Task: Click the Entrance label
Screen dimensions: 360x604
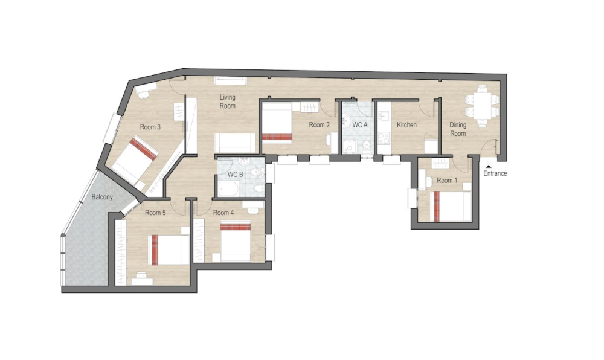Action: pyautogui.click(x=495, y=174)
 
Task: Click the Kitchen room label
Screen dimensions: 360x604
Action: pyautogui.click(x=406, y=125)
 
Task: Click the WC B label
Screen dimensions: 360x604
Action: pyautogui.click(x=235, y=175)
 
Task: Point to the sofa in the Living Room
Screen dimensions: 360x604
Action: pyautogui.click(x=235, y=143)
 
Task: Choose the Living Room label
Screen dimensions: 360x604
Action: pyautogui.click(x=227, y=101)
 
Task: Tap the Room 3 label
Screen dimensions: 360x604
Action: pyautogui.click(x=150, y=127)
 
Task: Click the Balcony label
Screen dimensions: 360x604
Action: pyautogui.click(x=102, y=197)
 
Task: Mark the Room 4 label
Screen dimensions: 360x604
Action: pyautogui.click(x=223, y=213)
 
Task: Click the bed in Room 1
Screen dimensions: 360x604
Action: pyautogui.click(x=450, y=206)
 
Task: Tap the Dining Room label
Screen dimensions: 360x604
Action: pyautogui.click(x=458, y=129)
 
